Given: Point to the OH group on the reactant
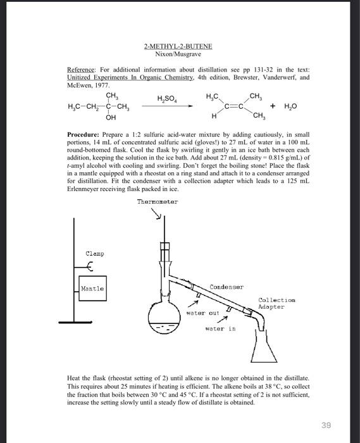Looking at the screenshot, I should [111, 118].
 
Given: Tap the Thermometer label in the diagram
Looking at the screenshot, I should [158, 202].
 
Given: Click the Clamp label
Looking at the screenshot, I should [95, 254].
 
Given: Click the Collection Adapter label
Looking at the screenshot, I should [276, 303].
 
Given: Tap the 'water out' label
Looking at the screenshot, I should [202, 313].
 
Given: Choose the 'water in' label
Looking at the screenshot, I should [221, 328].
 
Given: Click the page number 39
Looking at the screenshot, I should [325, 425].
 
